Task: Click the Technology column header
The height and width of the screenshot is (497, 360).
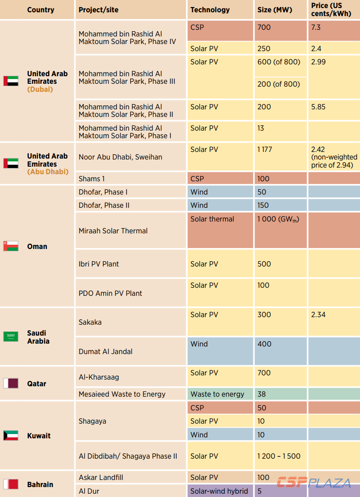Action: click(x=210, y=9)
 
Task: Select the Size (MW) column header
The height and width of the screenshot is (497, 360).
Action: click(x=275, y=9)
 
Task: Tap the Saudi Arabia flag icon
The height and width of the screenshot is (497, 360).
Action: click(x=11, y=337)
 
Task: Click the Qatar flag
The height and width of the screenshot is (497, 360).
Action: click(x=11, y=383)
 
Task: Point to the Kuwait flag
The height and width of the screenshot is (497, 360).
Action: click(x=11, y=435)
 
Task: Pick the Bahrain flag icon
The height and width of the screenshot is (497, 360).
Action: click(x=11, y=484)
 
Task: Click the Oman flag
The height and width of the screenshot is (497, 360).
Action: click(x=11, y=246)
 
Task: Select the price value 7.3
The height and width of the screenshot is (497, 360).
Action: click(x=316, y=27)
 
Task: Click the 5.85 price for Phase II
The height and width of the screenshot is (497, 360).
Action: click(x=318, y=107)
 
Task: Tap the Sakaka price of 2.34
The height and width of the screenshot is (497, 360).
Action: click(x=318, y=315)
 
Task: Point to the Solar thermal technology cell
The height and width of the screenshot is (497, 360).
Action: click(x=212, y=219)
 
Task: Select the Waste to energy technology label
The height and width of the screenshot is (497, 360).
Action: click(x=217, y=394)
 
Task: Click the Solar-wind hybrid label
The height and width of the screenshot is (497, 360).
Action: click(x=219, y=491)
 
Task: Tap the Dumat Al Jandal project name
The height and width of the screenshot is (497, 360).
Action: click(x=106, y=352)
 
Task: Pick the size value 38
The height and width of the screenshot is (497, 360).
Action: click(x=262, y=394)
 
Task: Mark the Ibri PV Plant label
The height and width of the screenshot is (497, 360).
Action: click(x=99, y=264)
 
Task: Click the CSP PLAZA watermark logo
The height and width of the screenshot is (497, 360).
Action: click(x=314, y=483)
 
